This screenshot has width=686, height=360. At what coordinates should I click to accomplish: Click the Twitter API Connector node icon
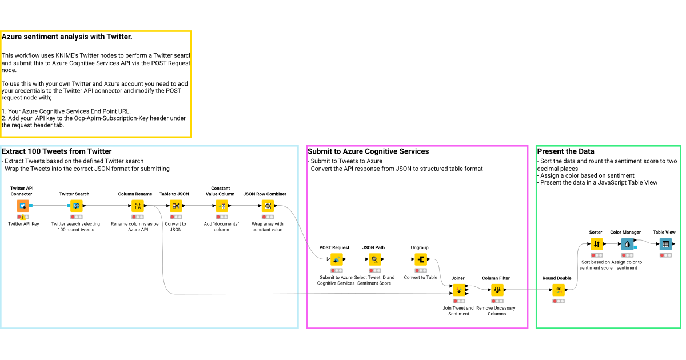point(23,206)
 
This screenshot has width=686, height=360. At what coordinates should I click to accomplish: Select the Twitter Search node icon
point(76,206)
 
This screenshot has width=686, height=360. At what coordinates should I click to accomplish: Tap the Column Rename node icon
point(137,206)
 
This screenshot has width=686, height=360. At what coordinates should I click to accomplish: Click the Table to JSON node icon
point(176,206)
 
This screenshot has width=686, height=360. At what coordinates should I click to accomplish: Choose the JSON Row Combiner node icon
point(267,206)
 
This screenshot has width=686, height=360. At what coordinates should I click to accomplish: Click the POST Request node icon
point(336,259)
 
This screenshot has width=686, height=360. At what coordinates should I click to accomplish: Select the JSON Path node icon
point(374,259)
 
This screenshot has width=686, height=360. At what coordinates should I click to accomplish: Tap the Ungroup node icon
point(421,259)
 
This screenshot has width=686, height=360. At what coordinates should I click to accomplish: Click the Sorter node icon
point(596,244)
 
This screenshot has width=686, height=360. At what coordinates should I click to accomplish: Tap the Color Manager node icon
point(627,244)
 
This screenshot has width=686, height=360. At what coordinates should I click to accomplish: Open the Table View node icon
point(665,244)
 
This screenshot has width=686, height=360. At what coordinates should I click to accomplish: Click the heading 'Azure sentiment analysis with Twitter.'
point(67,37)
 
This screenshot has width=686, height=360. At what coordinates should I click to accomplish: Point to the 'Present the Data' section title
point(565,151)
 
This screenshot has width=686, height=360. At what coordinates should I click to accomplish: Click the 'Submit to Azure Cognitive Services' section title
point(368,151)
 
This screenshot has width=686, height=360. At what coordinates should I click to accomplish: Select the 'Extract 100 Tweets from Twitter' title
point(57,151)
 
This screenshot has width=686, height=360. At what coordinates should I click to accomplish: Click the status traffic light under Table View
point(665,255)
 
